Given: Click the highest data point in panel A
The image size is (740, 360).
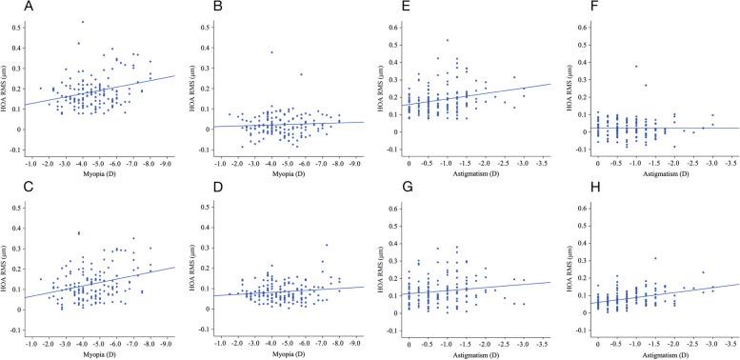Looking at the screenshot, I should click(x=82, y=22).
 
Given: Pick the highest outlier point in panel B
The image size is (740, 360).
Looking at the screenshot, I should click(x=271, y=52).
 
